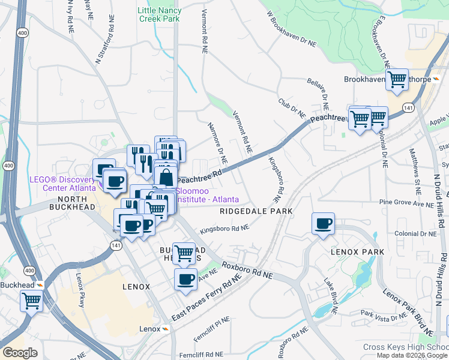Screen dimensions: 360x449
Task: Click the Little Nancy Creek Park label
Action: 158,14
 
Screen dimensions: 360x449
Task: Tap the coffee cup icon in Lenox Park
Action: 323,223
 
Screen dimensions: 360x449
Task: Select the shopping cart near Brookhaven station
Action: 397,79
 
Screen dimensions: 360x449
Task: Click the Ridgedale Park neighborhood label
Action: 256,211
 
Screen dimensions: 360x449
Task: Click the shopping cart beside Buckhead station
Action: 31,301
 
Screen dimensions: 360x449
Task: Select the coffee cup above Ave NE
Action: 185,279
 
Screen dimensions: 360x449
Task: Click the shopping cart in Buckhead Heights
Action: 183,253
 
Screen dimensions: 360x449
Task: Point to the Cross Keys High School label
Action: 406,347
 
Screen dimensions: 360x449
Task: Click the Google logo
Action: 20,353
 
